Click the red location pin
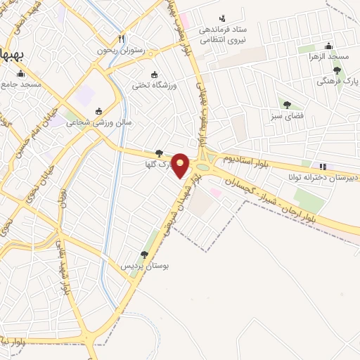pyautogui.click(x=181, y=165)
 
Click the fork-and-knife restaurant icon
pyautogui.click(x=122, y=39)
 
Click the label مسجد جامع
pyautogui.click(x=22, y=84)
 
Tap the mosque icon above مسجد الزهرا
pyautogui.click(x=330, y=46)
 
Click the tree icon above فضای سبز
pyautogui.click(x=287, y=105)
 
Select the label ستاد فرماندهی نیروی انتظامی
pyautogui.click(x=225, y=35)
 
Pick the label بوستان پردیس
pyautogui.click(x=146, y=266)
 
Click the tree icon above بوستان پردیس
pyautogui.click(x=144, y=255)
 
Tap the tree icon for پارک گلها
pyautogui.click(x=159, y=153)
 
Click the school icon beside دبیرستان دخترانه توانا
pyautogui.click(x=323, y=166)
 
